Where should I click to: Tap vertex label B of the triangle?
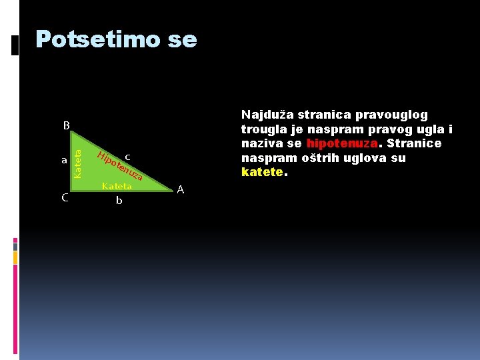[66, 125]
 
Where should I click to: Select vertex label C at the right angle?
[65, 197]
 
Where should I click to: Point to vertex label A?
[180, 190]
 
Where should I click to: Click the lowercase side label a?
[64, 161]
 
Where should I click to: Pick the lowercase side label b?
[119, 199]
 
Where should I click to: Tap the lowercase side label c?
[127, 157]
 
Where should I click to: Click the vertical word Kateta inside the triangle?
[78, 163]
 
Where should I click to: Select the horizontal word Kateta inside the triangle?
[117, 186]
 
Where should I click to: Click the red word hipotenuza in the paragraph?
[342, 144]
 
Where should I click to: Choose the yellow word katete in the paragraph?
[262, 173]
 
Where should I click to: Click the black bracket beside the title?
[16, 46]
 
